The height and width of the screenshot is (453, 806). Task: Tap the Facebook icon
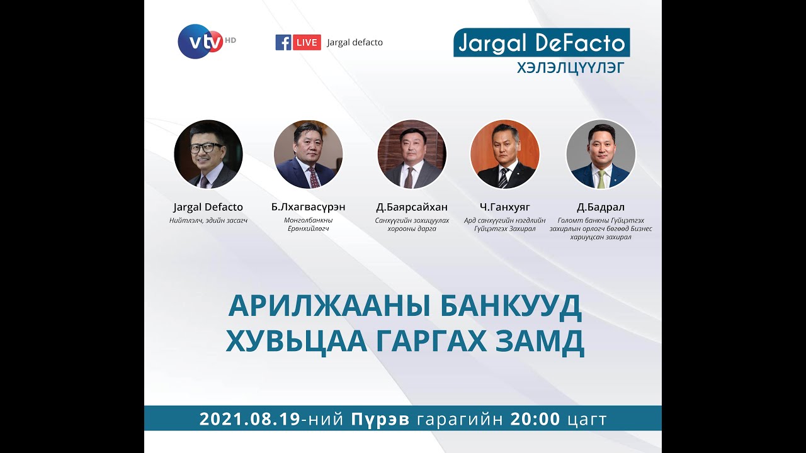click(x=283, y=42)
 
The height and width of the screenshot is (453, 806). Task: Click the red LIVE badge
click(x=307, y=42)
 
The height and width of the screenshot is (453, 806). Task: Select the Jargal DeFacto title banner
click(x=541, y=43)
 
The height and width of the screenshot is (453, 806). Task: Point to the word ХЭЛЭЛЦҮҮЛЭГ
click(x=570, y=68)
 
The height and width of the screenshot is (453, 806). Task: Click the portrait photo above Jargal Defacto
click(x=208, y=154)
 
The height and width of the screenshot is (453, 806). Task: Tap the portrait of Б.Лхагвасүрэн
click(x=308, y=154)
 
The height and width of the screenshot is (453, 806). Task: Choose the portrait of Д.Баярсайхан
click(x=412, y=154)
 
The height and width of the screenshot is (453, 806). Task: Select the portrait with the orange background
click(x=504, y=154)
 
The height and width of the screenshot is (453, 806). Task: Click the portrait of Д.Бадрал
click(x=601, y=154)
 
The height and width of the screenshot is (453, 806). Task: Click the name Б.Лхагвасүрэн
click(x=308, y=207)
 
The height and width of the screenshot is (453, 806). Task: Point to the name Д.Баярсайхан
click(x=412, y=207)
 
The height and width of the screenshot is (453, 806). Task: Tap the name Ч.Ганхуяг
click(x=504, y=207)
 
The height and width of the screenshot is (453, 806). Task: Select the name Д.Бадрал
click(x=601, y=207)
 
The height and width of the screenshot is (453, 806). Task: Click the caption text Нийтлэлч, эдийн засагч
click(x=208, y=221)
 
